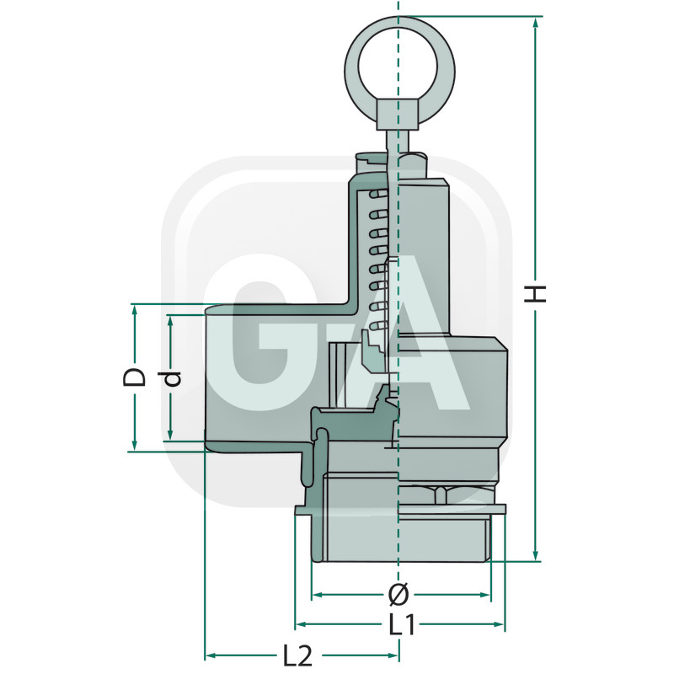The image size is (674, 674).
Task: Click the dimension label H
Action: [x=535, y=293]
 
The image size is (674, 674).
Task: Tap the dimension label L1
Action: [x=403, y=624]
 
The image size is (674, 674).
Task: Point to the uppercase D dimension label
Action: [x=134, y=377]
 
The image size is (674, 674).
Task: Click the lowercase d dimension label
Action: [x=172, y=377]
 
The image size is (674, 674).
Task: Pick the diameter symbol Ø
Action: [x=399, y=595]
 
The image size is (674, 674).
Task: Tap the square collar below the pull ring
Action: [x=398, y=115]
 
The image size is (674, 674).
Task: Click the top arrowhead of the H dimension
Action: [x=535, y=23]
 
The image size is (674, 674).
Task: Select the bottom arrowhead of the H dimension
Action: [x=535, y=555]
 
